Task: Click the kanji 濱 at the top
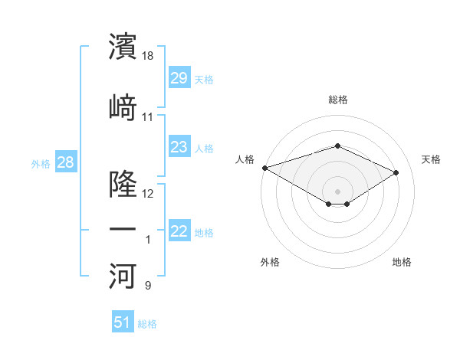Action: tap(123, 47)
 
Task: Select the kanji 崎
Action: tap(123, 106)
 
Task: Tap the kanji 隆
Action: tap(123, 183)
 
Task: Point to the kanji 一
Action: tap(123, 229)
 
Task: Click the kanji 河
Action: tap(123, 275)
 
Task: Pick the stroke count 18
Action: tap(148, 56)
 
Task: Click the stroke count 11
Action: tap(148, 117)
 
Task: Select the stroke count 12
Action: tap(148, 193)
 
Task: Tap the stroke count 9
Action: tap(148, 286)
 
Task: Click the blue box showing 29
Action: tap(179, 78)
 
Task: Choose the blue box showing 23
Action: tap(179, 147)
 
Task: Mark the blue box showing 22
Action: tap(179, 232)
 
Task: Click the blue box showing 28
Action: tap(65, 162)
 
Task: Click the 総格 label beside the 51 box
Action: tap(147, 324)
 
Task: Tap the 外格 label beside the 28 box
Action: tap(41, 164)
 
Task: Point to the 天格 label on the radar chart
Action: tap(431, 159)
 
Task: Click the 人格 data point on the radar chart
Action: tap(264, 167)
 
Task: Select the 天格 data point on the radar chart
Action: tap(396, 172)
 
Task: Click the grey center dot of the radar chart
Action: tap(337, 190)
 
